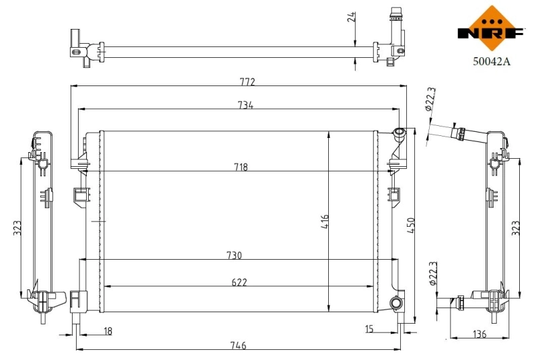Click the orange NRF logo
tap(491, 28)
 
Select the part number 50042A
tap(492, 61)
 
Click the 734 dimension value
tap(245, 104)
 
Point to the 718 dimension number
tap(240, 167)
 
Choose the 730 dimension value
tap(233, 255)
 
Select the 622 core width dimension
tap(238, 282)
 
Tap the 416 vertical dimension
tap(324, 223)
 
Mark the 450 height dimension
tap(411, 225)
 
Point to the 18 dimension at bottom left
tap(108, 330)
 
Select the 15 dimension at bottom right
tap(370, 329)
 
